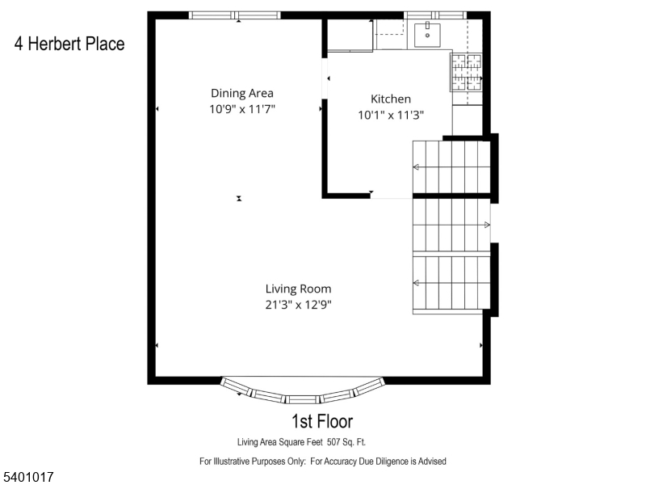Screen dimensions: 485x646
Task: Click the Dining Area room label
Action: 242,93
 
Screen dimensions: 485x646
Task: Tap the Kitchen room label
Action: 391,99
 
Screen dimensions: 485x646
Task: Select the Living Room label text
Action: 299,289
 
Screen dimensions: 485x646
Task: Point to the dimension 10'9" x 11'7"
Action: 242,108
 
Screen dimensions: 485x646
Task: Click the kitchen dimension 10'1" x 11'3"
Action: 391,115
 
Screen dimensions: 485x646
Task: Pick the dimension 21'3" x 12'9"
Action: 299,305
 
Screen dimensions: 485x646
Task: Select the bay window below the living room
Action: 303,394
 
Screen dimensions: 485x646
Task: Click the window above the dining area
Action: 235,15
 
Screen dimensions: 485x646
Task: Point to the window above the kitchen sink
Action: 435,15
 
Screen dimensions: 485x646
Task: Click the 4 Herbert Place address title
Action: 69,44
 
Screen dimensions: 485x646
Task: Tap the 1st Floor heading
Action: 321,421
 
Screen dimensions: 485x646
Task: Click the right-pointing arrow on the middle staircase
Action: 486,224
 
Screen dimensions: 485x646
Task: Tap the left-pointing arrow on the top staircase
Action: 417,167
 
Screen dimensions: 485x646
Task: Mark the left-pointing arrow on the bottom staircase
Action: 417,283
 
